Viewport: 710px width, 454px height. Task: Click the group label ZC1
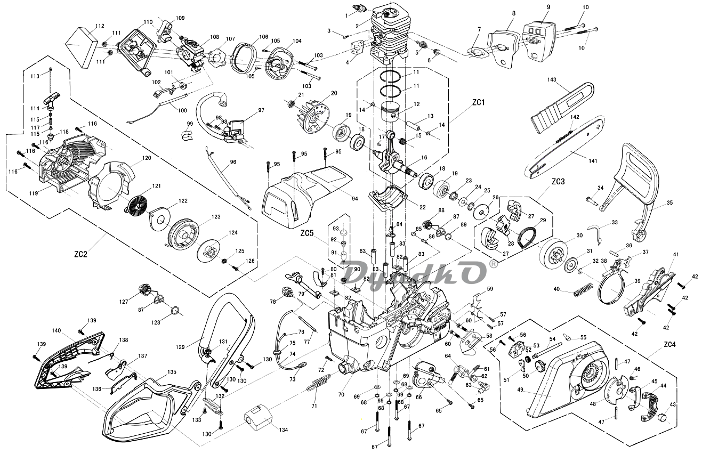(478, 102)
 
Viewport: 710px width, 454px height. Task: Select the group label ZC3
(558, 182)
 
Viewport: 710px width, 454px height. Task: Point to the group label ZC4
(669, 344)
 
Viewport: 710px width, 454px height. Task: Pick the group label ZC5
(308, 233)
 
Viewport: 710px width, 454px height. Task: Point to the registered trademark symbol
(494, 263)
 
